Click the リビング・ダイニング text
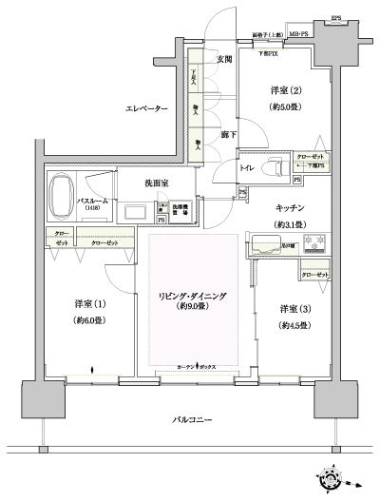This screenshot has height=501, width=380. click(192, 297)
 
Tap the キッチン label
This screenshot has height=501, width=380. click(289, 208)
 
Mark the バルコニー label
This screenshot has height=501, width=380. click(192, 420)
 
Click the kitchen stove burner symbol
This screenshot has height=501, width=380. click(317, 240)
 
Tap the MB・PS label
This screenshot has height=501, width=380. click(296, 34)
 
